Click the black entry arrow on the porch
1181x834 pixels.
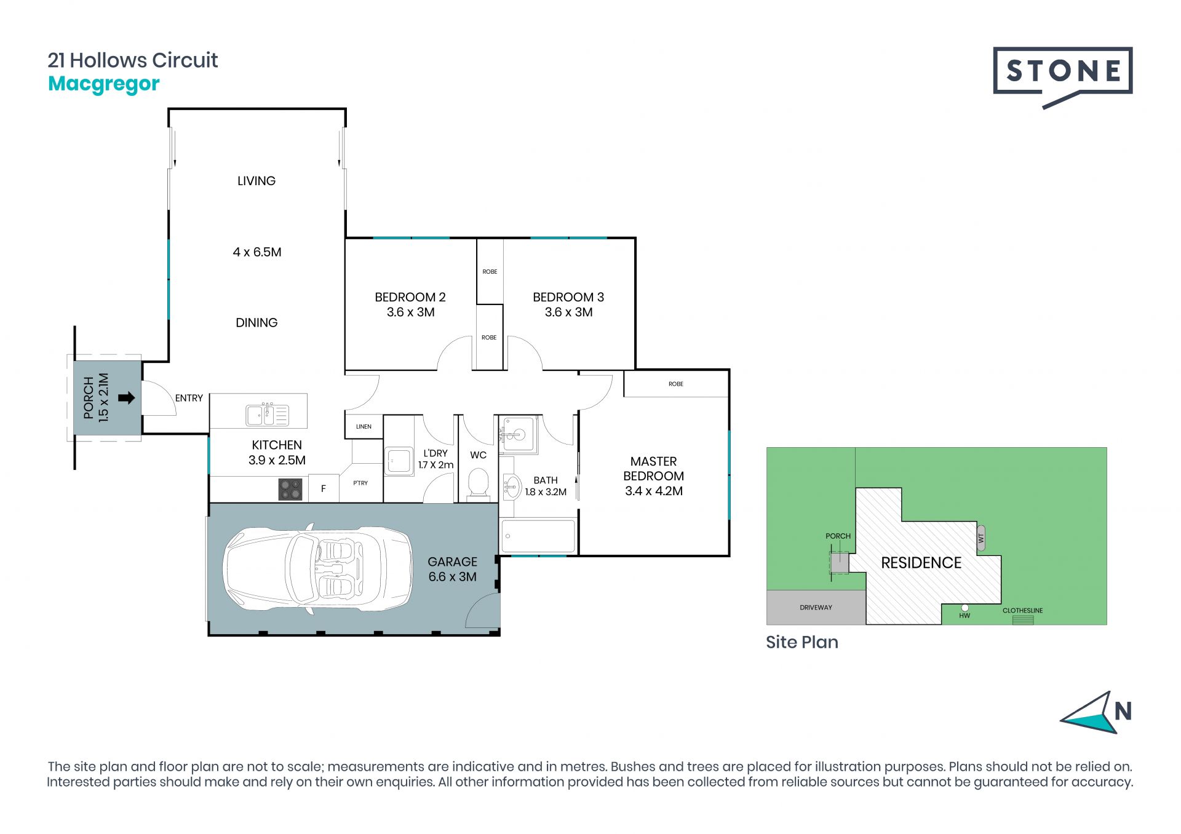tap(126, 398)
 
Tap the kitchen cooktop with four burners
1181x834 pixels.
tap(290, 490)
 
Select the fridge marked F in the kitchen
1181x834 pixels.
tap(324, 489)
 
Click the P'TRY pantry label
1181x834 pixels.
tap(360, 483)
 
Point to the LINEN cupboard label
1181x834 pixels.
tap(364, 426)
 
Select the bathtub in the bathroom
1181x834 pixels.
tap(538, 536)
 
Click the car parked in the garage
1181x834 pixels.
tap(317, 570)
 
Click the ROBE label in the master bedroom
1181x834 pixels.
tap(676, 384)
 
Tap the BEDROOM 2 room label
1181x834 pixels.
tap(410, 297)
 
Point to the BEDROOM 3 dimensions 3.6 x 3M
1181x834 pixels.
tap(568, 312)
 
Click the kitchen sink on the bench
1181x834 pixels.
tap(267, 415)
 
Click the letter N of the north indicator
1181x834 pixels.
tap(1123, 712)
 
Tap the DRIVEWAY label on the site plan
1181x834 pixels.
tap(816, 608)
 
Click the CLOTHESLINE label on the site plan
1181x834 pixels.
tap(1022, 611)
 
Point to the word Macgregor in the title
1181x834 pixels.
tap(104, 84)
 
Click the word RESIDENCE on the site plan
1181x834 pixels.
tap(921, 563)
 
